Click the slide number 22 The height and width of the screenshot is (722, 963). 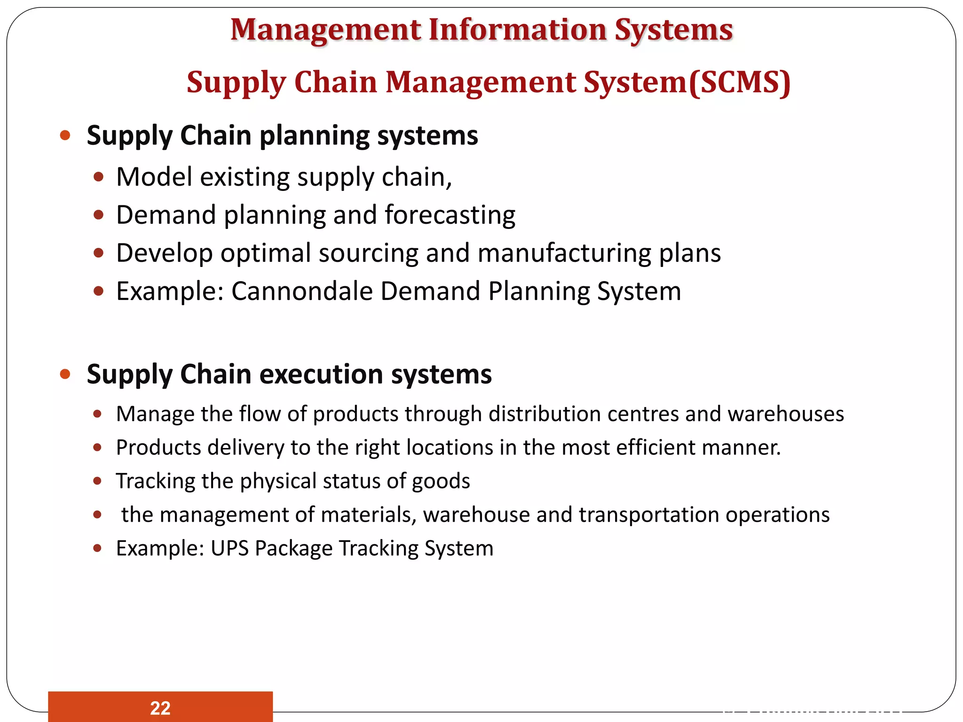(x=160, y=708)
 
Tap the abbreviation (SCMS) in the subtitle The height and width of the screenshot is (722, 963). (x=740, y=82)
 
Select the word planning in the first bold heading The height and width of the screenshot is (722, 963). (x=314, y=136)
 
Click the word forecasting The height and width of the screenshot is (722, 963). (x=450, y=215)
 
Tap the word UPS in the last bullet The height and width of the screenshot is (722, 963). (x=229, y=548)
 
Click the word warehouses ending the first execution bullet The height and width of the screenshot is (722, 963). (x=786, y=414)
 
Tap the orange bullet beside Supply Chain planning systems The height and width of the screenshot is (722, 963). (x=65, y=136)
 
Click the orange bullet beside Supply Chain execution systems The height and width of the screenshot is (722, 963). (x=65, y=375)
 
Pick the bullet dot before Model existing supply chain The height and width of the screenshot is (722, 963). (x=98, y=177)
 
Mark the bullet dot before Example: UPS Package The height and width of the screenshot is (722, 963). (x=97, y=548)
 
